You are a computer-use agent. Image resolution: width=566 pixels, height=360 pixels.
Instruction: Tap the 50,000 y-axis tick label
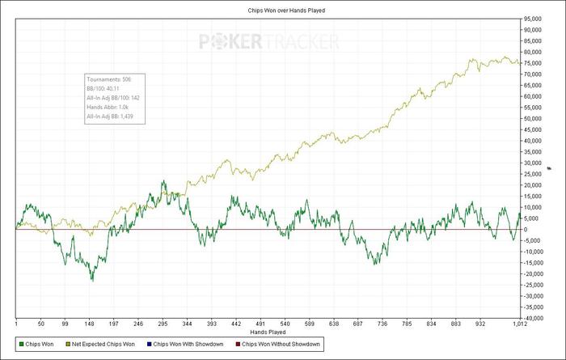coord(533,119)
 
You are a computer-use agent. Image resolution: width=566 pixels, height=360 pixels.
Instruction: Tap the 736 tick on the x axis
coord(383,324)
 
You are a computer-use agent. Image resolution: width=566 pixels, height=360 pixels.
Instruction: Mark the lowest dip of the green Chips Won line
coord(92,280)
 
